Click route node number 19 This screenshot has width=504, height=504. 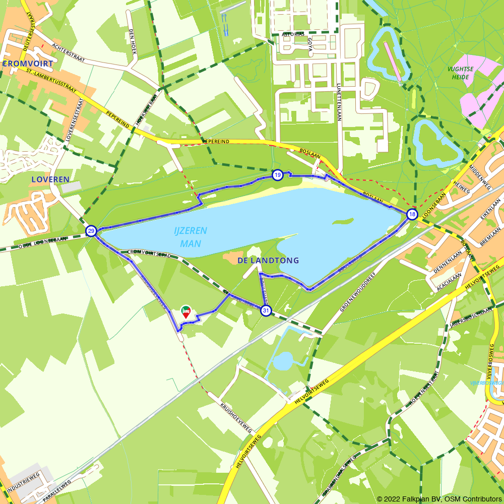(x=277, y=175)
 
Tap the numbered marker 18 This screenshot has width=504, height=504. (x=412, y=215)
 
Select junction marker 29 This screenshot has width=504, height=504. (x=91, y=231)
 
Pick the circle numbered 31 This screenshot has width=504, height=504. (x=266, y=310)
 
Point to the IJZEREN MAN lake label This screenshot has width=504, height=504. (x=191, y=237)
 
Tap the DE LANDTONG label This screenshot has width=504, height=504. (x=268, y=261)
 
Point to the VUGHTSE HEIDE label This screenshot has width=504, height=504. (x=460, y=74)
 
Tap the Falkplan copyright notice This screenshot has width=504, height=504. (x=439, y=499)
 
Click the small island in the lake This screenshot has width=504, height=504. (x=343, y=222)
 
